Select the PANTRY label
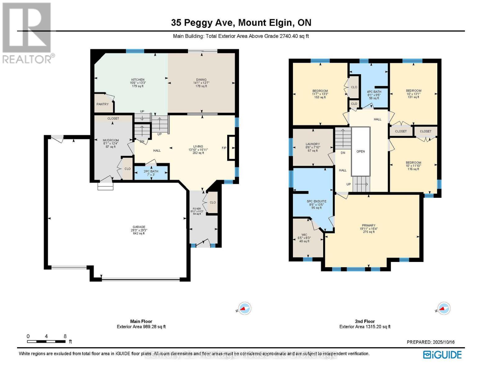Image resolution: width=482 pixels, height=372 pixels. click(102, 104)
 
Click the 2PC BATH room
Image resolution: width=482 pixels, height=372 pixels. click(151, 173)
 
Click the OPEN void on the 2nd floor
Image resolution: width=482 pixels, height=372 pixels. click(361, 152)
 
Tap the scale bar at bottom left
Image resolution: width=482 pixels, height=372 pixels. click(46, 341)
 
